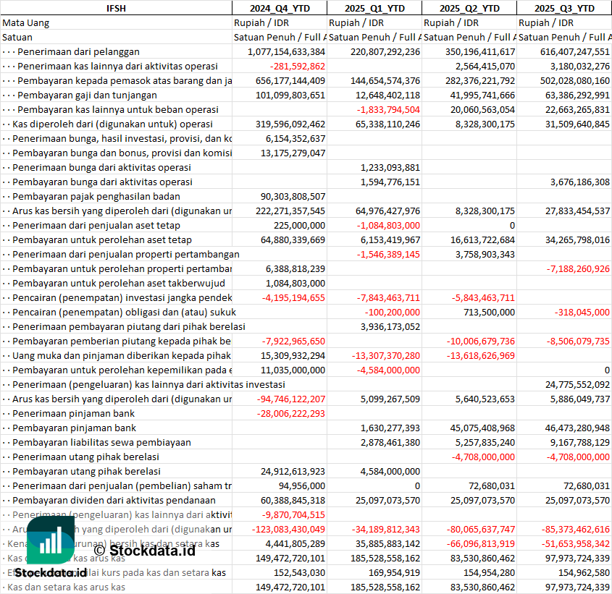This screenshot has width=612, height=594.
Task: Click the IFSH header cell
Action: (116, 8)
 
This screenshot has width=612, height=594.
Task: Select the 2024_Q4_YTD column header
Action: (279, 8)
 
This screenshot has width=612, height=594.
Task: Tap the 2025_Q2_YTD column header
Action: (469, 8)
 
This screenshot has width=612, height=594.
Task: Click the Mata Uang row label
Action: (25, 22)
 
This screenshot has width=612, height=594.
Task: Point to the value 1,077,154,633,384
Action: (286, 51)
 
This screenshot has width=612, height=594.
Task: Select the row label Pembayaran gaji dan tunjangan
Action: (87, 95)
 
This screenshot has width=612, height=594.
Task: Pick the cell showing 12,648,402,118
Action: (385, 95)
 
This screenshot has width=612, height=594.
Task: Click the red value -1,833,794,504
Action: (388, 109)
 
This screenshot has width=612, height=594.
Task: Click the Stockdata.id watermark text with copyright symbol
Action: (144, 551)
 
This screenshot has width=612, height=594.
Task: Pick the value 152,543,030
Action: (294, 572)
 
